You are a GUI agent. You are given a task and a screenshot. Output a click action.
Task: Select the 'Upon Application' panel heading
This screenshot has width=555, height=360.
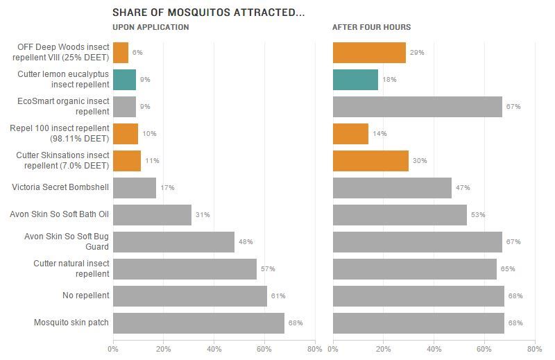click(x=151, y=27)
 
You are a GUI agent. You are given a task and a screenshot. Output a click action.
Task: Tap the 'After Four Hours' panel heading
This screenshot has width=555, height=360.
click(x=371, y=27)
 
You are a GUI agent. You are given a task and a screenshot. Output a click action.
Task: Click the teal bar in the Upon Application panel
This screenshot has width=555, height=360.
click(x=124, y=80)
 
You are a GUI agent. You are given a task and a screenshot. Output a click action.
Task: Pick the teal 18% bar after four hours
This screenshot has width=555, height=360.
click(x=355, y=80)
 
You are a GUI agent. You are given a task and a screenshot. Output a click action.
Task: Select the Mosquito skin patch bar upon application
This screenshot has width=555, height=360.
click(x=198, y=323)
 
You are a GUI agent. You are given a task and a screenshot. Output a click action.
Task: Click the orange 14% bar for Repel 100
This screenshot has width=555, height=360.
click(x=350, y=134)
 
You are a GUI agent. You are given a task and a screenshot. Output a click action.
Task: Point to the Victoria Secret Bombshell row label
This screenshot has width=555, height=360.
click(x=61, y=187)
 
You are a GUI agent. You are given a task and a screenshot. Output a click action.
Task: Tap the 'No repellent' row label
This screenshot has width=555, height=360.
click(x=86, y=295)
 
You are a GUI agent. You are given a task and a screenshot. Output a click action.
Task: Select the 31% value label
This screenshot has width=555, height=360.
click(x=203, y=215)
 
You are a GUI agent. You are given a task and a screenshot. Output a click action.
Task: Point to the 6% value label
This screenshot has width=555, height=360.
click(x=137, y=53)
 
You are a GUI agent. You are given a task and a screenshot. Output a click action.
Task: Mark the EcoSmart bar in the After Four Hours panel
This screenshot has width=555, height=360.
click(x=417, y=107)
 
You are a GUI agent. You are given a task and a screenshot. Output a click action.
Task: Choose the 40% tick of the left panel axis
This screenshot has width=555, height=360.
click(x=214, y=349)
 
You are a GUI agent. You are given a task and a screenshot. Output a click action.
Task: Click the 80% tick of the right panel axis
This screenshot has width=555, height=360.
click(x=534, y=349)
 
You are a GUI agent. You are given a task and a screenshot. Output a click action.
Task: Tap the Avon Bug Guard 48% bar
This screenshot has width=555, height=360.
click(x=173, y=242)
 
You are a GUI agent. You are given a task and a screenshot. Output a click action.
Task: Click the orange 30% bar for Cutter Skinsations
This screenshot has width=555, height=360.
click(x=370, y=161)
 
